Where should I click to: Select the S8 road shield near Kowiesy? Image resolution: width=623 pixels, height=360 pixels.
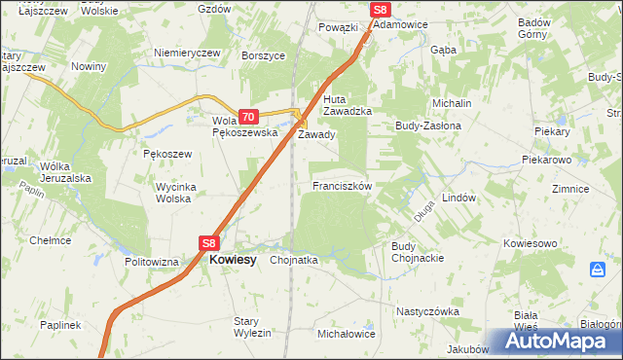[210, 243]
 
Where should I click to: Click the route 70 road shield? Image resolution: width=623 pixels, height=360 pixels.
[247, 116]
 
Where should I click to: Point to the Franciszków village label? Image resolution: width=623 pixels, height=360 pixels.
[341, 186]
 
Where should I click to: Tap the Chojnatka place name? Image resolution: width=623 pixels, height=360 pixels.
[294, 260]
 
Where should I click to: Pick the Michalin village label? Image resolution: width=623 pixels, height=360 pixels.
[452, 103]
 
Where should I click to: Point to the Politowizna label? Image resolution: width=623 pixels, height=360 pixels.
[152, 262]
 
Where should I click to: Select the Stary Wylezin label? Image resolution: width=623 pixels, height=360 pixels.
[252, 327]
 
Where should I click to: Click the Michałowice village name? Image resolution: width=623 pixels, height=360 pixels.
[346, 334]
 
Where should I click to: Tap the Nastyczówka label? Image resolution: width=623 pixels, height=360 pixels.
[426, 311]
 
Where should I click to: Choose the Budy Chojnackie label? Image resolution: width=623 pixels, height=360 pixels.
[418, 252]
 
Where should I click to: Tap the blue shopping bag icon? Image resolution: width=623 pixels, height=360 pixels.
[597, 270]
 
